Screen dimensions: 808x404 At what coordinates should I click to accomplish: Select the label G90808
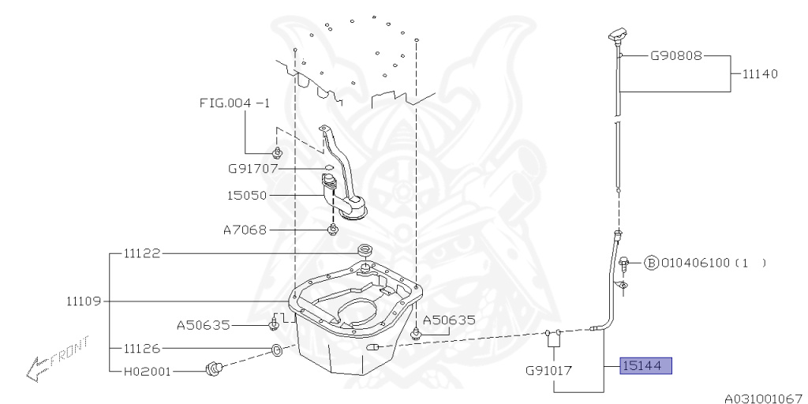pyautogui.click(x=675, y=56)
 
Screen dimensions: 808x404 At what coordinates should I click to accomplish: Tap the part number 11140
pyautogui.click(x=760, y=73)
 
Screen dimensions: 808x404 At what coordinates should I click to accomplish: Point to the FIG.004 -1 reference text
pyautogui.click(x=234, y=103)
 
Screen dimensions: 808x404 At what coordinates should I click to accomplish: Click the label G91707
pyautogui.click(x=253, y=169)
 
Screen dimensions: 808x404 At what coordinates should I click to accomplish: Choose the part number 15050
pyautogui.click(x=247, y=196)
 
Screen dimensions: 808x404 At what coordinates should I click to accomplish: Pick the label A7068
pyautogui.click(x=245, y=230)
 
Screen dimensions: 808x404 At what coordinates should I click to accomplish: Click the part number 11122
pyautogui.click(x=142, y=253)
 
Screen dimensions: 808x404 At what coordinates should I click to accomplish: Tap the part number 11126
pyautogui.click(x=142, y=349)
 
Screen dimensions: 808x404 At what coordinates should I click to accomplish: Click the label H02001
pyautogui.click(x=147, y=371)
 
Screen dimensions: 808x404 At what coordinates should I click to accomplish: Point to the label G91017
pyautogui.click(x=550, y=370)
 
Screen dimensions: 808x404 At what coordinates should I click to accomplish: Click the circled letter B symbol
pyautogui.click(x=651, y=264)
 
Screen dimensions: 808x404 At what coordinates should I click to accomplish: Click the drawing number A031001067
pyautogui.click(x=765, y=398)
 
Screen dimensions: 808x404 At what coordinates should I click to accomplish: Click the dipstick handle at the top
pyautogui.click(x=617, y=36)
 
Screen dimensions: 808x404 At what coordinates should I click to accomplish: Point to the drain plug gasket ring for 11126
pyautogui.click(x=277, y=350)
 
